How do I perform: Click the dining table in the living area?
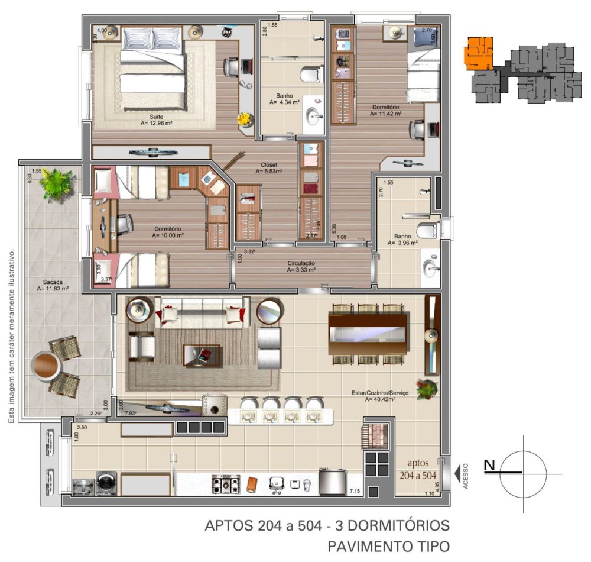[x=368, y=334]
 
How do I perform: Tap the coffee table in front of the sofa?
[x=202, y=356]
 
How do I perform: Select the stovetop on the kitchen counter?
[x=225, y=485]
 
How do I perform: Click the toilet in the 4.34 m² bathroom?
[x=310, y=75]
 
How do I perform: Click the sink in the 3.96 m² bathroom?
[x=430, y=267]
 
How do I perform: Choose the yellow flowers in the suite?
[x=243, y=119]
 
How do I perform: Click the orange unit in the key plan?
[x=478, y=53]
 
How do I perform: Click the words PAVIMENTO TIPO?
[x=389, y=545]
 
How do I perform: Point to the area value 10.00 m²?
[x=168, y=235]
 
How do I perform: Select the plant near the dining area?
[x=427, y=388]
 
